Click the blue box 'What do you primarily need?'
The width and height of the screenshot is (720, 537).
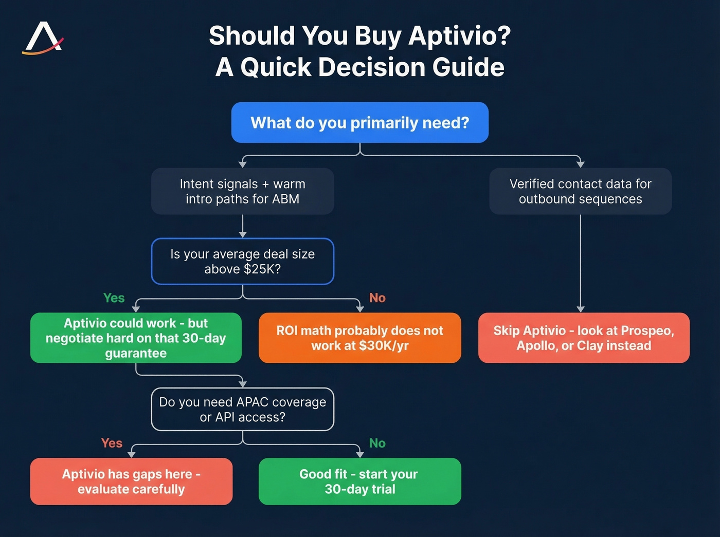(x=359, y=123)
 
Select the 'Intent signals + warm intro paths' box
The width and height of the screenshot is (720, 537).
(x=242, y=191)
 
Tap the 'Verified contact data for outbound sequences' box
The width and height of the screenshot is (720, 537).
(x=580, y=191)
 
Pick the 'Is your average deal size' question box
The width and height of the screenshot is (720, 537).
(x=242, y=261)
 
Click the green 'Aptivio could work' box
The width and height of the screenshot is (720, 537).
(x=136, y=338)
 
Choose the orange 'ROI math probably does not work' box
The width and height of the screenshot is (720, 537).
(x=359, y=338)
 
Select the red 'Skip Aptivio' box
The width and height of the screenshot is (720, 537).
(x=584, y=338)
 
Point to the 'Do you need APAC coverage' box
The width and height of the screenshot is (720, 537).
(x=242, y=409)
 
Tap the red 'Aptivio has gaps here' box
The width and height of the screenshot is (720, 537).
(x=131, y=482)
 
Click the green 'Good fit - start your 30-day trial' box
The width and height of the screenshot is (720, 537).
(x=359, y=482)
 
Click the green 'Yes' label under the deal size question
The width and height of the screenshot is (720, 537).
(x=114, y=298)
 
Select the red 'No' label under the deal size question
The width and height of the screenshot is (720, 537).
(x=377, y=298)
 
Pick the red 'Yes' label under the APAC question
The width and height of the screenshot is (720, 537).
(x=112, y=443)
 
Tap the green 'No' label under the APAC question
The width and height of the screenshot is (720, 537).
(x=377, y=443)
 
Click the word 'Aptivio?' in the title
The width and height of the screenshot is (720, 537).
(x=460, y=36)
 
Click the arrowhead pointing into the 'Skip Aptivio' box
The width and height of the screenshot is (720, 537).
(x=580, y=309)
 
